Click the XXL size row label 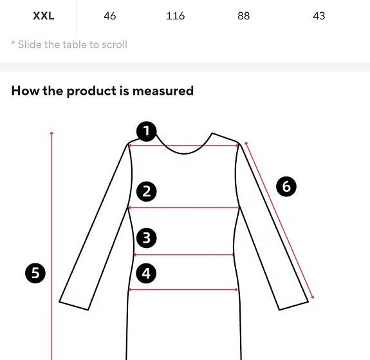[44, 16]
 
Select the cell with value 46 [110, 16]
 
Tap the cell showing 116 [176, 16]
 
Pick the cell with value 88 [243, 16]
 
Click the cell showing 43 [319, 16]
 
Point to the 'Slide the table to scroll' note [69, 44]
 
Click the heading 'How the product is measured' [102, 91]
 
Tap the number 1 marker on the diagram [147, 132]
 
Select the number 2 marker [147, 191]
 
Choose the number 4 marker [147, 273]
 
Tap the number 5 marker [35, 273]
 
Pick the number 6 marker [286, 187]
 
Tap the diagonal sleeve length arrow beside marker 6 [279, 220]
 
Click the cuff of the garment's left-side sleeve [73, 303]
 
